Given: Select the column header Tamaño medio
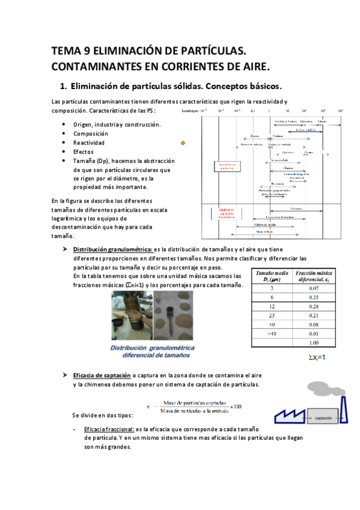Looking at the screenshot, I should coord(272,276).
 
